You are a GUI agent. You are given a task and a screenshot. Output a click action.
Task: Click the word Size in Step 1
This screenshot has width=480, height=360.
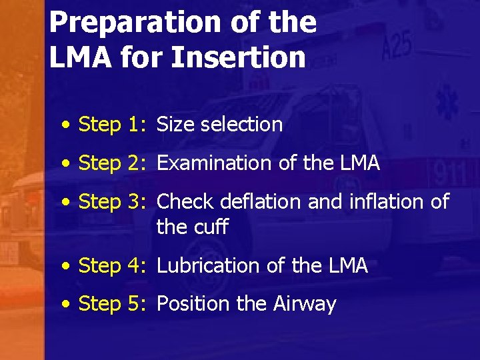pyautogui.click(x=175, y=125)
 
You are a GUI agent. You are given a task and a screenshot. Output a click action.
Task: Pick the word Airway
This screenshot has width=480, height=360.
pyautogui.click(x=305, y=304)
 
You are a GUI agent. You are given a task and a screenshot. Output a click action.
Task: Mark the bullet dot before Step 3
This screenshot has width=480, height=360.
pyautogui.click(x=66, y=202)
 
